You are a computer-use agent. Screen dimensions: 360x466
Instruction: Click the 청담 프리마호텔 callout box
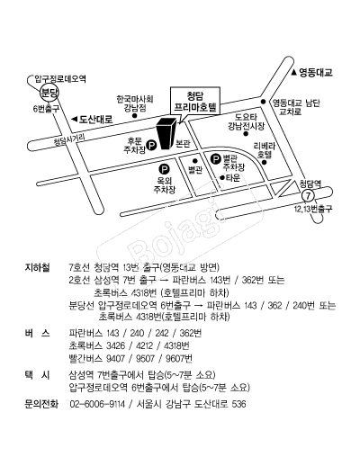click(x=195, y=101)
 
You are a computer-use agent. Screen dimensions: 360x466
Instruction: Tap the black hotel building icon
click(x=166, y=133)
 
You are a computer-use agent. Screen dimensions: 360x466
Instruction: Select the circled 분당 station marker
click(x=49, y=93)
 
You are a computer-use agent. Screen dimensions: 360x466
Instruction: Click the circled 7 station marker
click(x=308, y=196)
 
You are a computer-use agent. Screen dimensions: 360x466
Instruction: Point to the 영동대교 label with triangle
click(x=312, y=72)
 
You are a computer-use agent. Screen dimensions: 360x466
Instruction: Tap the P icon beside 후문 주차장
click(x=152, y=146)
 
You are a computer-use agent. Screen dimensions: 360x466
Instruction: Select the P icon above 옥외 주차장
click(x=164, y=169)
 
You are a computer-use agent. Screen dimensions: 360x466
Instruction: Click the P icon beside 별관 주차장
click(x=215, y=159)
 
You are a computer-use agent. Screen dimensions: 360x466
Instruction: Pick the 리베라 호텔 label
click(x=265, y=150)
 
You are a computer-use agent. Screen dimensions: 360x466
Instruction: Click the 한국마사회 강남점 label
click(x=135, y=103)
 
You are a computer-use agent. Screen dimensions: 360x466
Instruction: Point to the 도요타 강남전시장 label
click(x=246, y=121)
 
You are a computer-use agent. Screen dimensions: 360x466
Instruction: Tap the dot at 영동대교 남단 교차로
click(x=263, y=102)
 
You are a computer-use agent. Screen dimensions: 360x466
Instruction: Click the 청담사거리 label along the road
click(x=69, y=139)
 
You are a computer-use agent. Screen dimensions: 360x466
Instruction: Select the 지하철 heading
click(x=37, y=267)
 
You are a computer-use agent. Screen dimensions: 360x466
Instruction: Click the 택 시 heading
click(x=37, y=375)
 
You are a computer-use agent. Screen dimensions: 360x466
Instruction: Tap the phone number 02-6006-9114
click(x=97, y=404)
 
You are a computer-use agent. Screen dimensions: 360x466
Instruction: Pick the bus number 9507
click(x=145, y=358)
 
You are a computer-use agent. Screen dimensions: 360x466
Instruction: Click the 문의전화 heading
click(x=41, y=404)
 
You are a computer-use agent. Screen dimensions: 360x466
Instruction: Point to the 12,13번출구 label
click(x=313, y=209)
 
